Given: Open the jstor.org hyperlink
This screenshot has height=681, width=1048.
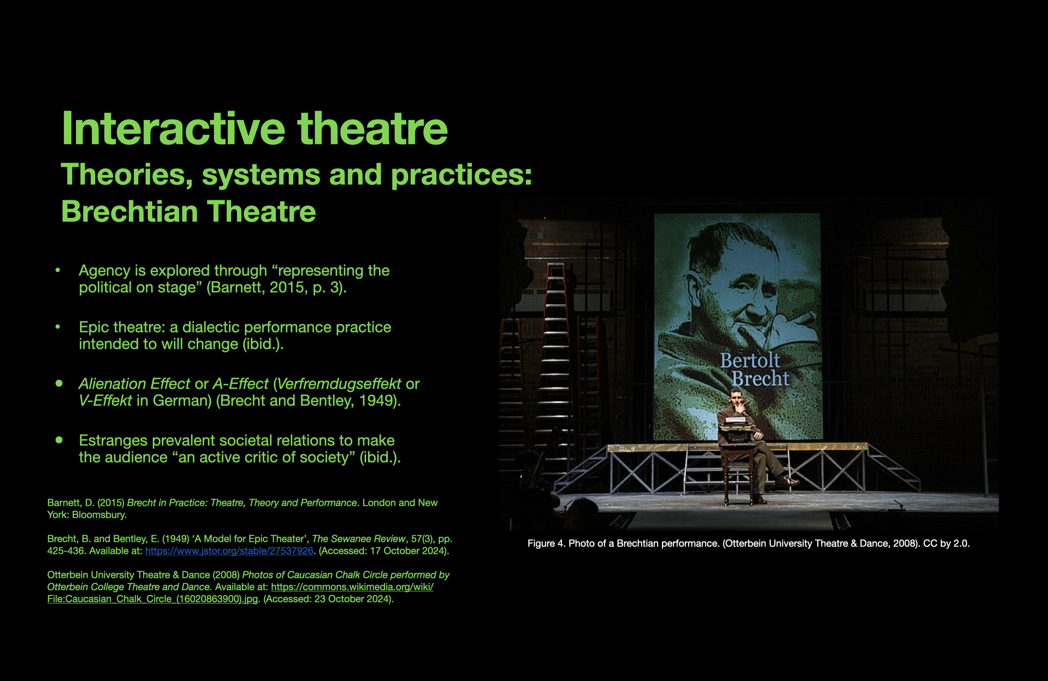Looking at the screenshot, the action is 229,551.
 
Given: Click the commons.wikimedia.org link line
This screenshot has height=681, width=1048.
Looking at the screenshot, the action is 352,587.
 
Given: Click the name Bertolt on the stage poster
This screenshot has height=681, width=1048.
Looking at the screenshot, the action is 750,360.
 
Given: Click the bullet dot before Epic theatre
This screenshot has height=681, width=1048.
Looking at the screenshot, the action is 58,327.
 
